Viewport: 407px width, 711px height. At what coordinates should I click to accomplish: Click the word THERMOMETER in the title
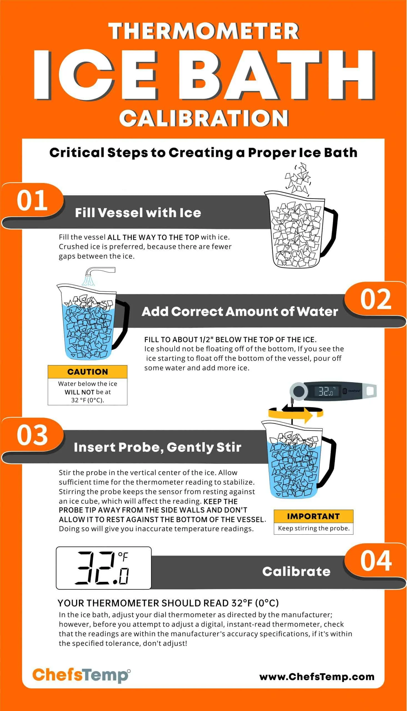tap(203, 31)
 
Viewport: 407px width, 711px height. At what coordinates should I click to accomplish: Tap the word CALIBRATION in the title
tap(203, 118)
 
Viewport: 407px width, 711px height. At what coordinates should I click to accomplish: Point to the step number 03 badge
tap(32, 435)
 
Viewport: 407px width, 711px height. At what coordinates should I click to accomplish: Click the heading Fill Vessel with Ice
tap(138, 212)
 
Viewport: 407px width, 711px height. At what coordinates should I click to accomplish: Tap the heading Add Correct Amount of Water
tap(239, 312)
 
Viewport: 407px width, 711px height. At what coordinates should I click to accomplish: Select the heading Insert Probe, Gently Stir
tap(157, 447)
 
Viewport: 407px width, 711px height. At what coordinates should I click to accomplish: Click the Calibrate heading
tap(296, 571)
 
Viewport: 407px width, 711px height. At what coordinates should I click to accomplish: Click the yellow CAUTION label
tap(87, 372)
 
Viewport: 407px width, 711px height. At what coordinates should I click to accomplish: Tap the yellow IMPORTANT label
tap(313, 516)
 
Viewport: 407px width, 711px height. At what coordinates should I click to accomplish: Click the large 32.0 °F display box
tap(103, 568)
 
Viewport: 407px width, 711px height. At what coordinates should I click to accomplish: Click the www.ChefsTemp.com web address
tap(316, 676)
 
